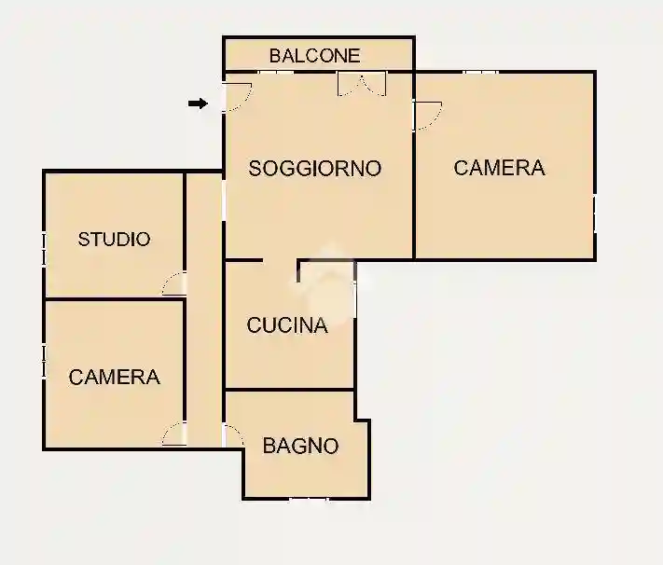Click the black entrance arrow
(x=198, y=103)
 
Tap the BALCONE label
(x=314, y=56)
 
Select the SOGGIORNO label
(x=315, y=169)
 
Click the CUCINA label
(x=287, y=326)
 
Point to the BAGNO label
(x=300, y=447)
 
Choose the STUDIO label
(x=114, y=240)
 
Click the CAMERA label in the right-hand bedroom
(x=499, y=168)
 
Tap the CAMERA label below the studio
(x=115, y=378)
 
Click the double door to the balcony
(x=362, y=84)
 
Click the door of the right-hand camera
(x=427, y=115)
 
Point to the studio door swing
(x=174, y=284)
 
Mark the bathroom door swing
(x=233, y=434)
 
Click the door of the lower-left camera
(x=174, y=434)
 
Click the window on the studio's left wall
(x=44, y=249)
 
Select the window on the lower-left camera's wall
(x=44, y=361)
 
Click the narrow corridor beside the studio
(x=204, y=308)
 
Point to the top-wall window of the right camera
(x=480, y=73)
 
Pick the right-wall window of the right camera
(x=594, y=214)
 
